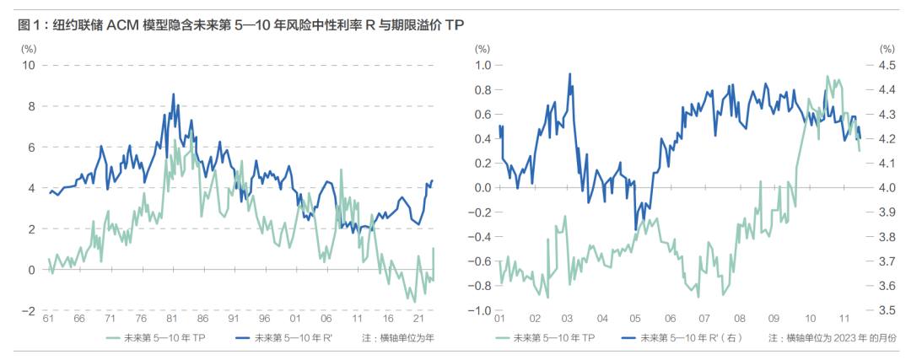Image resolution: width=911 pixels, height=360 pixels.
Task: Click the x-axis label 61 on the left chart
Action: coord(48,320)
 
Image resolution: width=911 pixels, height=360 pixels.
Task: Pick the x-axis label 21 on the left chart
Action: coord(419,320)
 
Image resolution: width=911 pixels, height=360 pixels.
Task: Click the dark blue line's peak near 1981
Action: coord(173,94)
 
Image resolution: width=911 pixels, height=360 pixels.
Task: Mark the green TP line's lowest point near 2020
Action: coord(414,302)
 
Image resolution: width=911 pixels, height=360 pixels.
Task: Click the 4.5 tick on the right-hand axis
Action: coord(887,66)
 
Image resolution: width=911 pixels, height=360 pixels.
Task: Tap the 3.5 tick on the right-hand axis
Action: coord(887,310)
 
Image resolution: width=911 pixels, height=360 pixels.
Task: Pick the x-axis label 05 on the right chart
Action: coord(635,320)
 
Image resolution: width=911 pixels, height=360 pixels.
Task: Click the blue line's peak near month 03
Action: coord(569,73)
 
